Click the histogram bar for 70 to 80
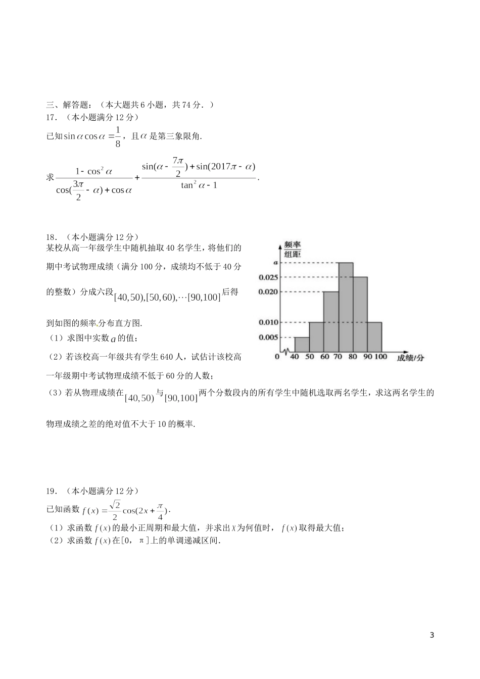click(x=346, y=307)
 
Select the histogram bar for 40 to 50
click(x=302, y=345)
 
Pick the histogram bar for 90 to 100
click(x=374, y=336)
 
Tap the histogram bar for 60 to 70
click(x=331, y=321)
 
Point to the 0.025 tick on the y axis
click(x=268, y=277)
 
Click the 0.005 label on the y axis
click(x=268, y=337)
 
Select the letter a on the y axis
click(x=275, y=263)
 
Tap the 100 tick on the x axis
click(x=380, y=357)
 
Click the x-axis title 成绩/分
click(x=410, y=358)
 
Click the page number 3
click(x=431, y=635)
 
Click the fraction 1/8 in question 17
click(x=118, y=137)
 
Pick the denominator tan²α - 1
click(x=199, y=185)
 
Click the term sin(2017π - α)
click(x=226, y=167)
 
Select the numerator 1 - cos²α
click(x=93, y=171)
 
